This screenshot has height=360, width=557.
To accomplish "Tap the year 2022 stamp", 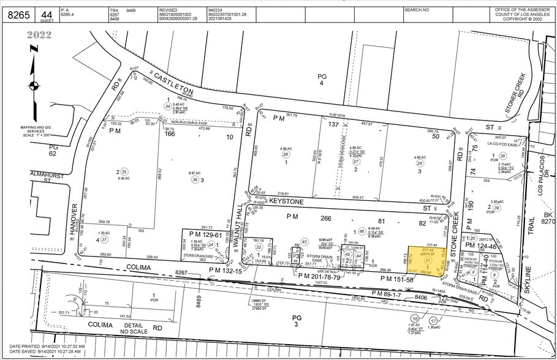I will click(39, 35).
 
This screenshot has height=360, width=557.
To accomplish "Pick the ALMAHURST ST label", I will click(23, 177).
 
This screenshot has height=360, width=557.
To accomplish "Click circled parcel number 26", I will click(285, 155).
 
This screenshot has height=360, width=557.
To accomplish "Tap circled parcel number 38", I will click(502, 156).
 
